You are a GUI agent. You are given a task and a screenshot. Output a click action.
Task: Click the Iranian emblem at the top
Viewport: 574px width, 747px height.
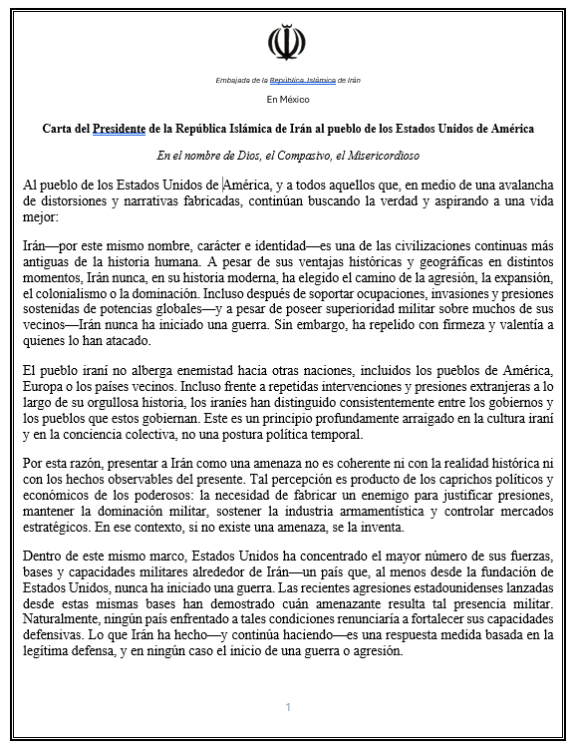[x=287, y=43]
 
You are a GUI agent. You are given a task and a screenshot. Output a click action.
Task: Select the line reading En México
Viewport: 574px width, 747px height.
[x=287, y=100]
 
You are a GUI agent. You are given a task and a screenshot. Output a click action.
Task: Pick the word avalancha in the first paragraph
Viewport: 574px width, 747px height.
[x=522, y=185]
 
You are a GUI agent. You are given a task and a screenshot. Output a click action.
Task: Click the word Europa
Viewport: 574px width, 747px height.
[x=43, y=387]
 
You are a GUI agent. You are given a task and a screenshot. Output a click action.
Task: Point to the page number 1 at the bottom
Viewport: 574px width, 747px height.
[x=287, y=707]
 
